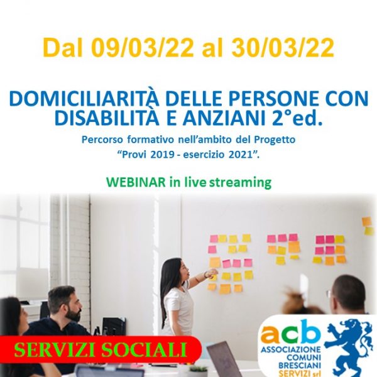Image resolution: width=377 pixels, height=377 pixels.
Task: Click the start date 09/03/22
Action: pos(143,48)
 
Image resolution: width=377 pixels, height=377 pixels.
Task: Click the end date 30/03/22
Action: pos(283,48)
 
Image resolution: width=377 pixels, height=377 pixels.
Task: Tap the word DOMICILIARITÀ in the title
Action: pos(84,99)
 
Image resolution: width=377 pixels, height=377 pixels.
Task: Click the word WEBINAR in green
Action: pos(135,182)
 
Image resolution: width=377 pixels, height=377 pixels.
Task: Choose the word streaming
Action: pos(240,183)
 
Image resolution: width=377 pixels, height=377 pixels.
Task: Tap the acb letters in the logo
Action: pos(291,332)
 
